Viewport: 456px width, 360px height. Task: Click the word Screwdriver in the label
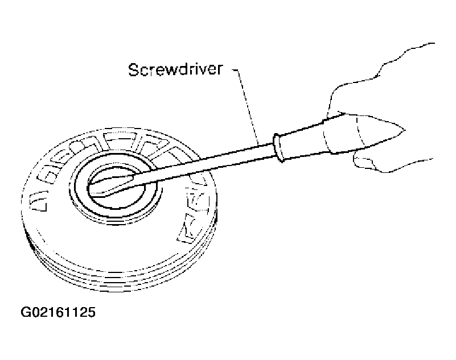(x=176, y=70)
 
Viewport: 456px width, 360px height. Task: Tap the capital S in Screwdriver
(x=133, y=70)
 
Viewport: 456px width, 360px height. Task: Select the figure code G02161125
(x=58, y=312)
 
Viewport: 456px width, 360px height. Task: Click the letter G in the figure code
(x=26, y=312)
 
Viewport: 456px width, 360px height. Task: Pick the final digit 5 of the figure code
(x=91, y=312)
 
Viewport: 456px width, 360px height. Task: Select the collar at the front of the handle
(x=279, y=148)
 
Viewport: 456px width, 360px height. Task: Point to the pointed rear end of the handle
(x=404, y=129)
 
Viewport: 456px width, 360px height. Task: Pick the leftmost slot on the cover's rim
(x=38, y=202)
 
